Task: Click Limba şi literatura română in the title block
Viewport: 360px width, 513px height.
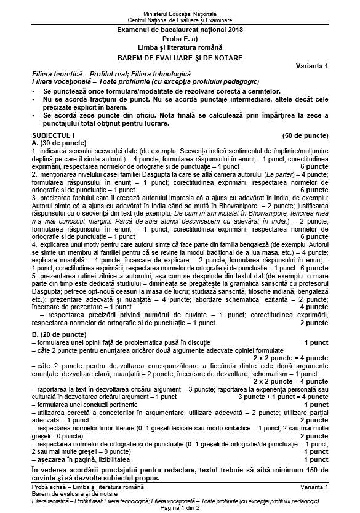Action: pos(180,48)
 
